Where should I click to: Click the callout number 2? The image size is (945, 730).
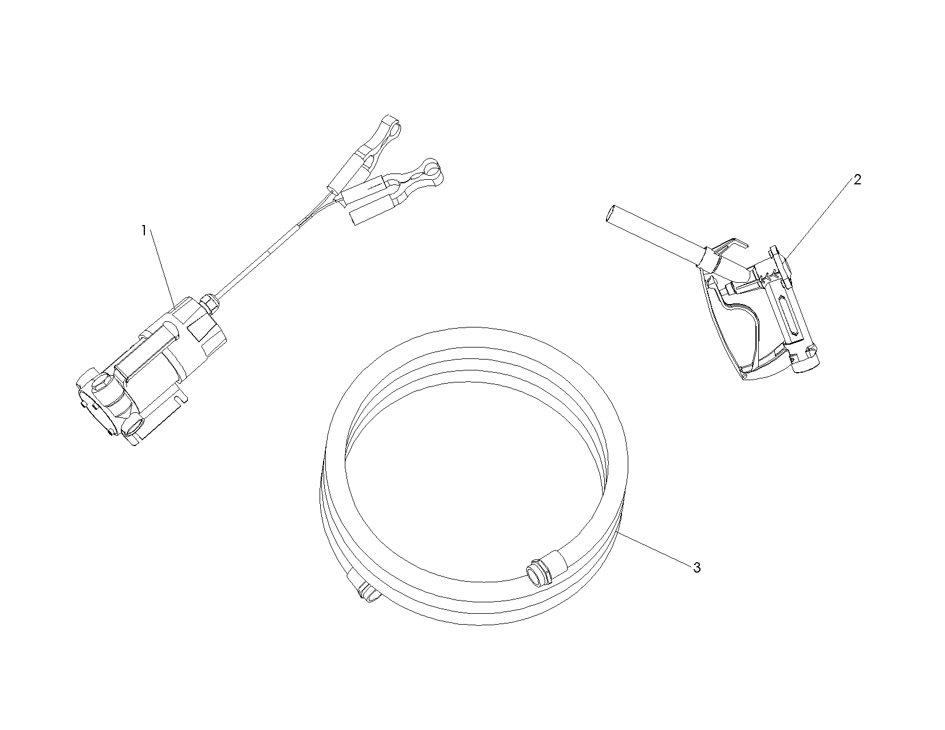[857, 180]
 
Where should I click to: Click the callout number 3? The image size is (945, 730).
[696, 567]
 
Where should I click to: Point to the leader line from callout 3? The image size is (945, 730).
[655, 549]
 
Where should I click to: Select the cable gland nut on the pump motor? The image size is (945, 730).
[209, 302]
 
